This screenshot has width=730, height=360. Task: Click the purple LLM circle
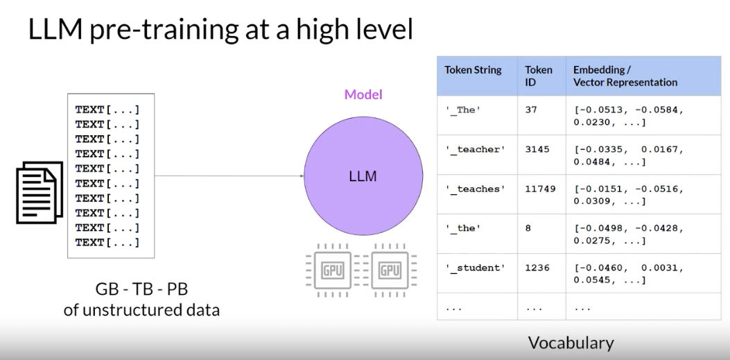click(363, 176)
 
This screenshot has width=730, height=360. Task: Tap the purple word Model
click(363, 95)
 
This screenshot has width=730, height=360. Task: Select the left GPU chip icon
click(333, 270)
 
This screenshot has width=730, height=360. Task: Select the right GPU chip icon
click(390, 270)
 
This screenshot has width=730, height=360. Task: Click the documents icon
click(40, 192)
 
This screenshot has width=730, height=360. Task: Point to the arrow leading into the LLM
click(229, 176)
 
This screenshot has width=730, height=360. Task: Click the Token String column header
click(473, 70)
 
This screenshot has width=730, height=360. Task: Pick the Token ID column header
click(539, 76)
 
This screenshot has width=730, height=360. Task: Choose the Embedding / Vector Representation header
click(625, 76)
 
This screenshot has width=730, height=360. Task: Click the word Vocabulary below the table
click(571, 343)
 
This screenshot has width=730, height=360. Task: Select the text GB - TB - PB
click(141, 289)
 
